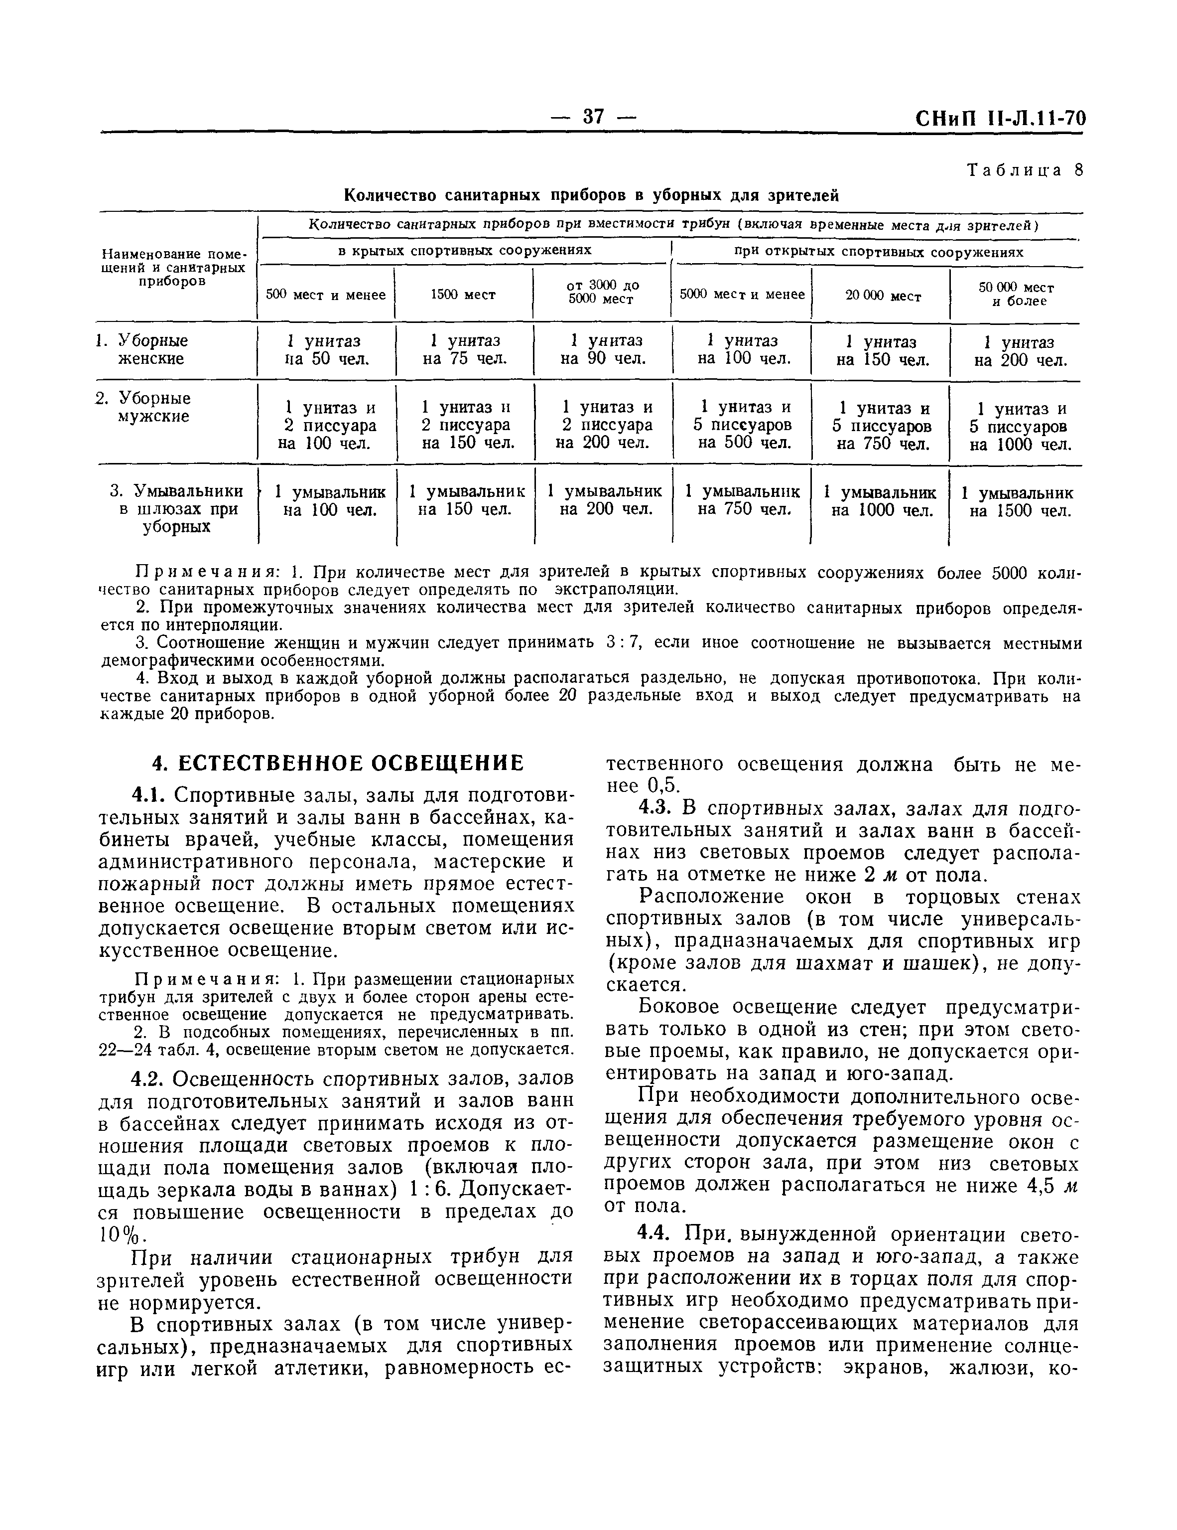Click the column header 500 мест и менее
326,295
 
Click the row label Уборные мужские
152,408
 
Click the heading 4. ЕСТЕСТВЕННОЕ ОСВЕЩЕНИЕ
338,762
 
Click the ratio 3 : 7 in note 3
623,642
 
